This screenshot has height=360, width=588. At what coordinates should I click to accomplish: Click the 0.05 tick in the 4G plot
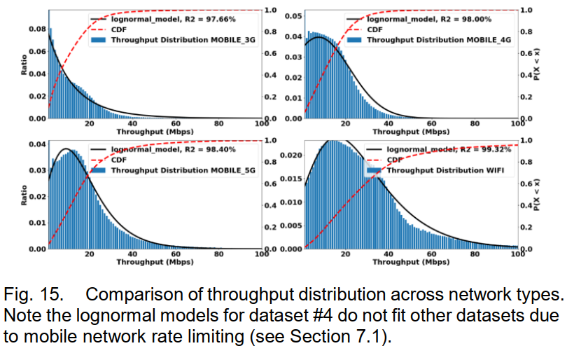[293, 15]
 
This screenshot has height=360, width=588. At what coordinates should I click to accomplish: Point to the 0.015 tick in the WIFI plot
[290, 179]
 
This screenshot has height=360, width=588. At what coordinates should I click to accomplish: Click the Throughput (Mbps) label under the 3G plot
[146, 131]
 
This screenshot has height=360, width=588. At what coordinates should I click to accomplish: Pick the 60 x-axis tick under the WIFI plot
[431, 254]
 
